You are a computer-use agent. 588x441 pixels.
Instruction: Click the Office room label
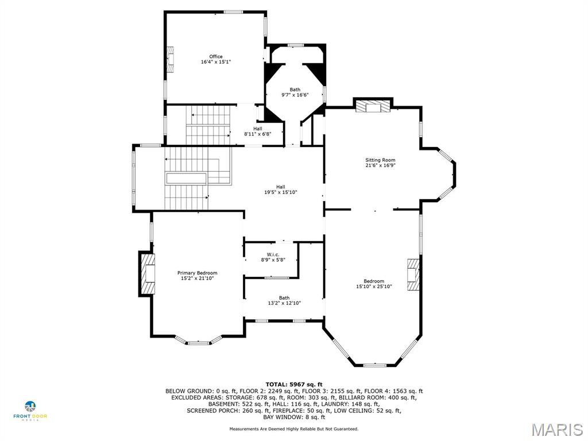pyautogui.click(x=215, y=56)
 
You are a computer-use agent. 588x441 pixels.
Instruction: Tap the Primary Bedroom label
pyautogui.click(x=197, y=273)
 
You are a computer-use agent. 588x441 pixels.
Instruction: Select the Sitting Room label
pyautogui.click(x=380, y=160)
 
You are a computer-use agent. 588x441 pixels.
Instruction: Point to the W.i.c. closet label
pyautogui.click(x=273, y=254)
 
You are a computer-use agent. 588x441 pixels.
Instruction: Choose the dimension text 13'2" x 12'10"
pyautogui.click(x=284, y=303)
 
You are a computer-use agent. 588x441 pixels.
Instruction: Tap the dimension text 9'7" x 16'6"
pyautogui.click(x=295, y=95)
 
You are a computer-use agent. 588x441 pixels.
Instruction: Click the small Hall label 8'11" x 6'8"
pyautogui.click(x=257, y=131)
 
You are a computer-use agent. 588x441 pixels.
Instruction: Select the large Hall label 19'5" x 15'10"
pyautogui.click(x=280, y=189)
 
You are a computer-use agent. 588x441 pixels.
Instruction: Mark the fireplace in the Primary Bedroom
pyautogui.click(x=147, y=273)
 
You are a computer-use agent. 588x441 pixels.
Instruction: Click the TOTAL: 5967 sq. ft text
pyautogui.click(x=294, y=384)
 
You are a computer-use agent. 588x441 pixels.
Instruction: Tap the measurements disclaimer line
pyautogui.click(x=294, y=429)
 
